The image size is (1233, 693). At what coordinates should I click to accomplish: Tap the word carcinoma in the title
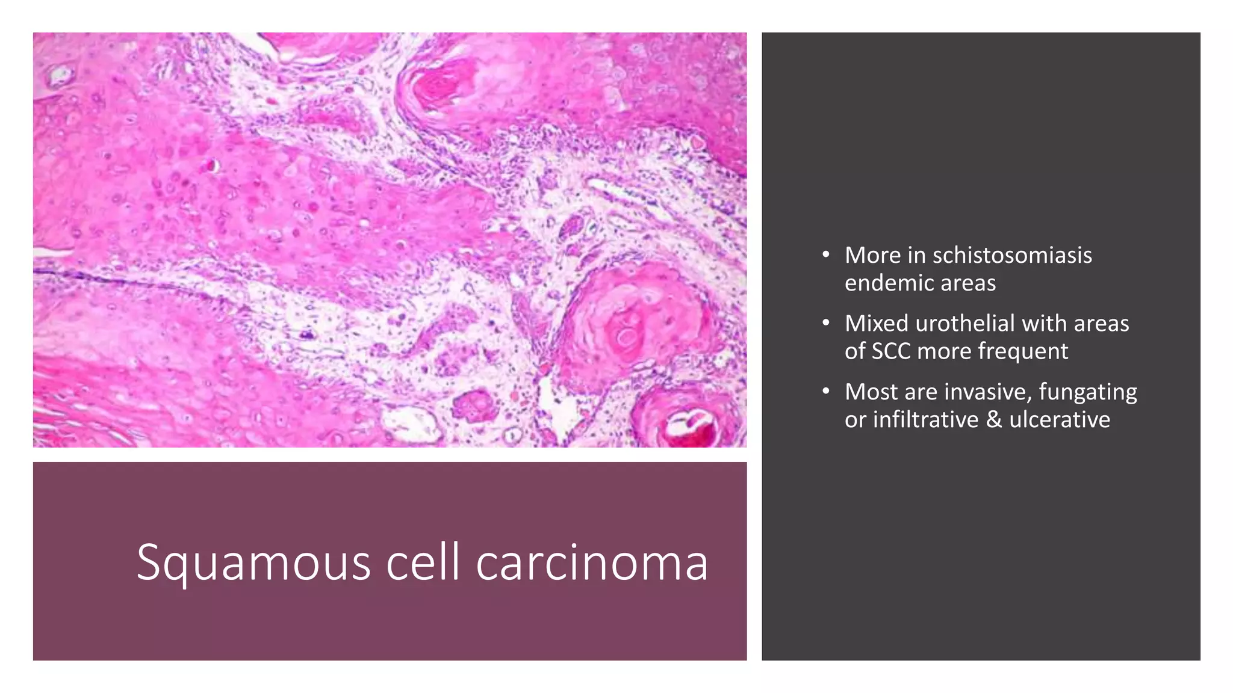[x=592, y=562]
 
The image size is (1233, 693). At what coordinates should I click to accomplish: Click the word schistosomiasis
[x=1011, y=256]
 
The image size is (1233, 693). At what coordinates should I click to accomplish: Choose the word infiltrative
[x=925, y=420]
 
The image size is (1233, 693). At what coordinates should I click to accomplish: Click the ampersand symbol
[x=994, y=420]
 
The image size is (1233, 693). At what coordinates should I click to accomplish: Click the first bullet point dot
[x=826, y=255]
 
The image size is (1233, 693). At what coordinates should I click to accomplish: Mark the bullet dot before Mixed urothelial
[x=826, y=324]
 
